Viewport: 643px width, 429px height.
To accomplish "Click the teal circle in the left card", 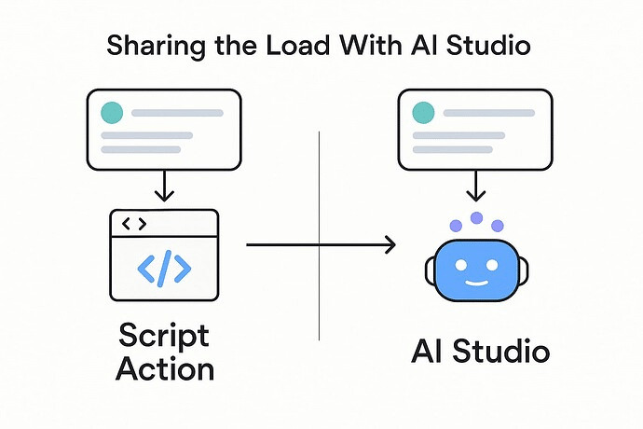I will (x=111, y=112).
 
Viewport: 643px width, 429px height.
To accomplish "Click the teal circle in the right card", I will (x=422, y=112).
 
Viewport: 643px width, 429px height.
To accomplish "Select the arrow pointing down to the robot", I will (x=476, y=185).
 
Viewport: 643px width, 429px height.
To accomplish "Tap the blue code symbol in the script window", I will (x=164, y=268).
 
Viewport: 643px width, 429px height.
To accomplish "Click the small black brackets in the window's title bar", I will (x=134, y=224).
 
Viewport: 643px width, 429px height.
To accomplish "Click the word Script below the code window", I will (x=164, y=334).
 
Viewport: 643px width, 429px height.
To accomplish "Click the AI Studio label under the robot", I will (x=480, y=352).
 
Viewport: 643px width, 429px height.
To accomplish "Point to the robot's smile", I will (x=476, y=282).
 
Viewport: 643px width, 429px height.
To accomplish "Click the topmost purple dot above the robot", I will (x=476, y=217).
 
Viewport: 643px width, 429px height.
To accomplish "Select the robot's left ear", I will (x=430, y=271).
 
